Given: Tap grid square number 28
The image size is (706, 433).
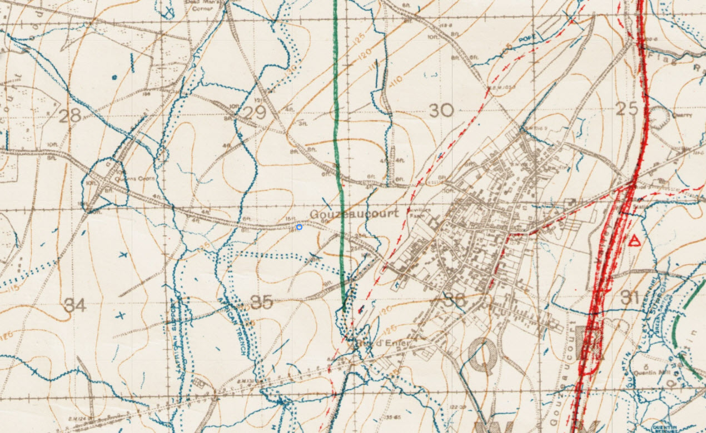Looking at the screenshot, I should click(x=69, y=115).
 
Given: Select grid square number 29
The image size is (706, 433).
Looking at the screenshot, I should click(x=255, y=113).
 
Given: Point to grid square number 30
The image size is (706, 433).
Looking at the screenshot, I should click(x=441, y=110).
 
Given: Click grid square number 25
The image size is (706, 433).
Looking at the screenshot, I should click(x=627, y=109).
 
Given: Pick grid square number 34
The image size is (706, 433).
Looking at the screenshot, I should click(x=74, y=305).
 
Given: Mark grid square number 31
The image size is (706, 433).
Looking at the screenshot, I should click(x=629, y=298).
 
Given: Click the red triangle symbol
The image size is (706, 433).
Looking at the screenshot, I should click(x=633, y=241).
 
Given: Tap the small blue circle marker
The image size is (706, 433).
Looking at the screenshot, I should click(x=299, y=226).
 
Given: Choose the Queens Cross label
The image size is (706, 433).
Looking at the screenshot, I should click(x=126, y=179).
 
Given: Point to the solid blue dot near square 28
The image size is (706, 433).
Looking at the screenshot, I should click(x=115, y=77).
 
